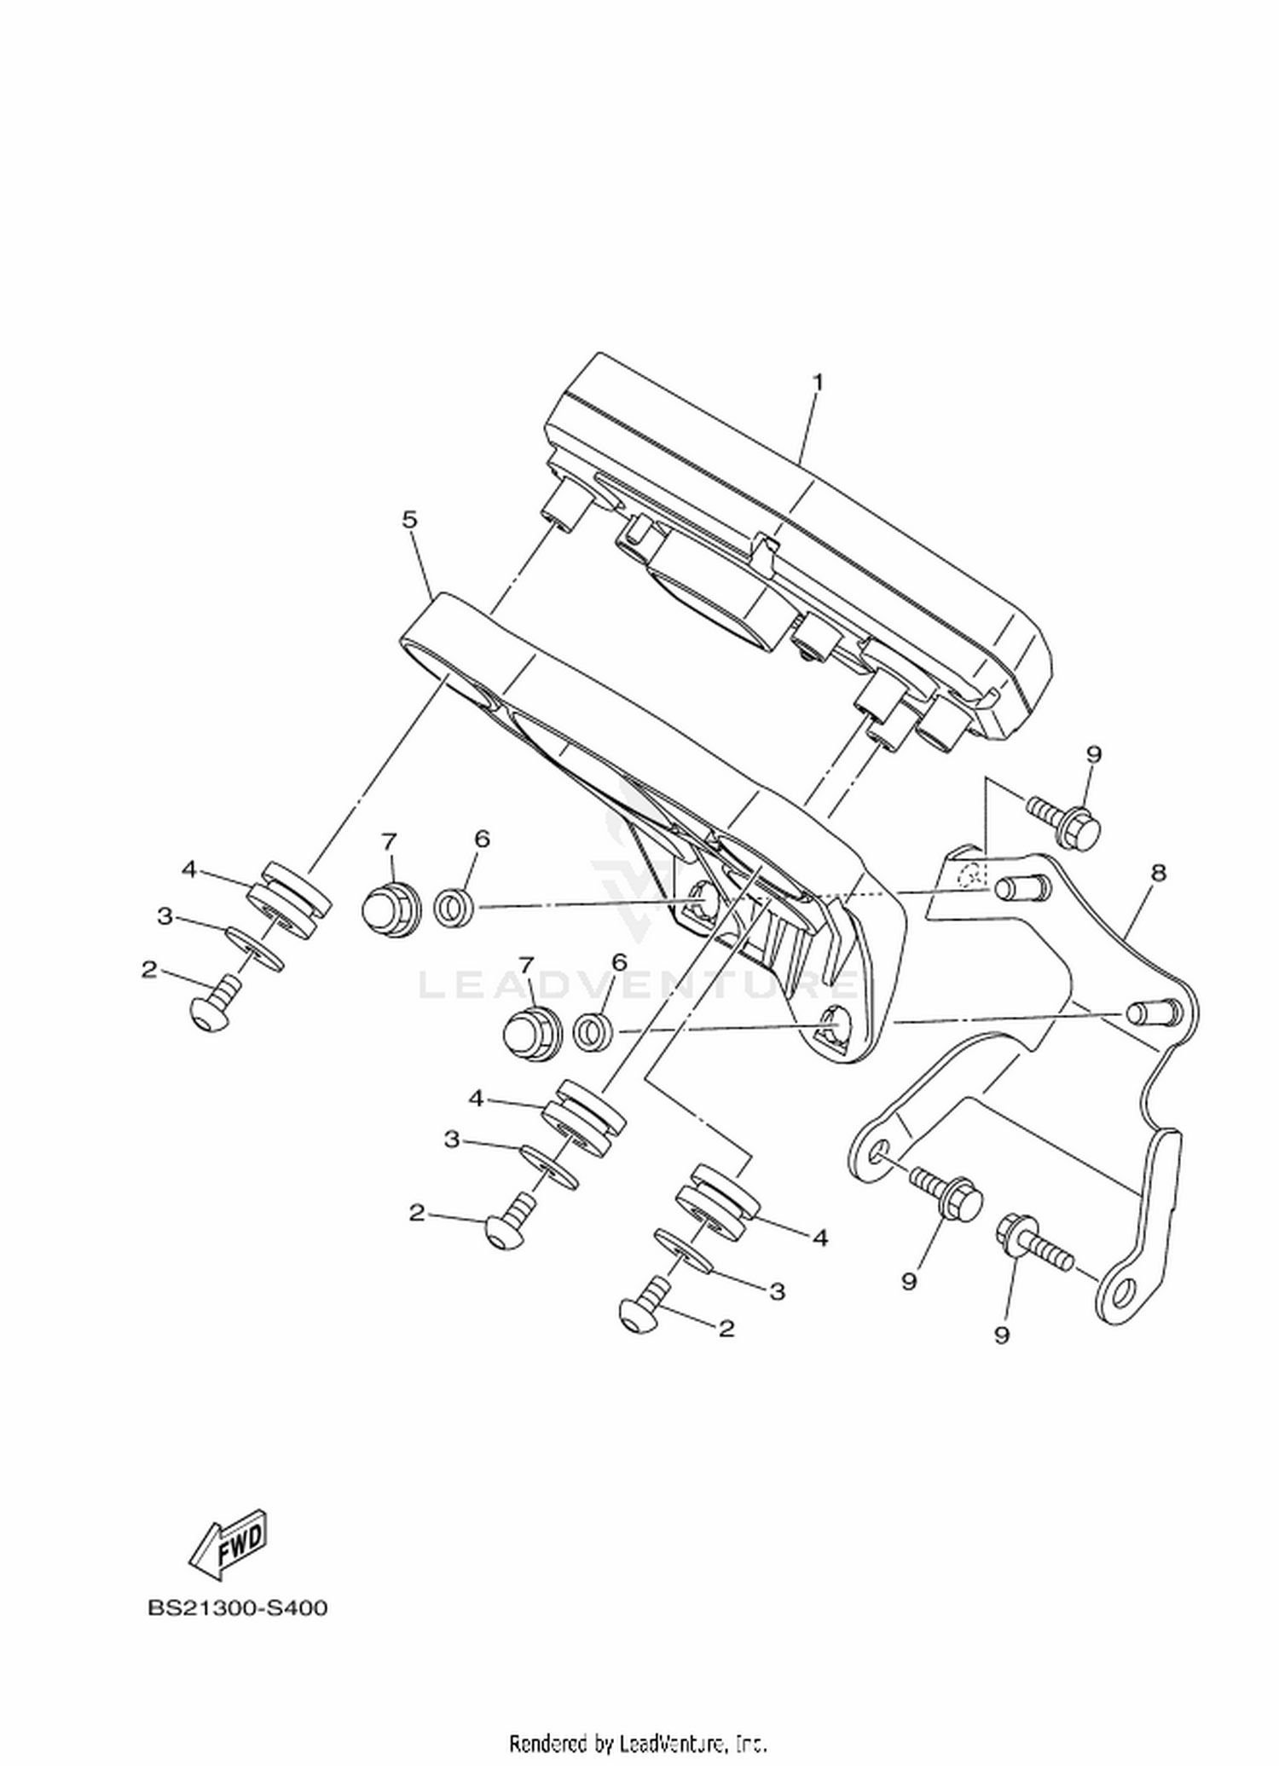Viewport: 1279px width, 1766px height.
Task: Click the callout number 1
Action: pos(818,383)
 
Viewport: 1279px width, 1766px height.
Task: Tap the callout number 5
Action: pos(410,519)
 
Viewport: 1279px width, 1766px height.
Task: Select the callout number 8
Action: pos(1157,873)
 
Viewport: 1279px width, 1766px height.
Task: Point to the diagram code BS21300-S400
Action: pos(238,1608)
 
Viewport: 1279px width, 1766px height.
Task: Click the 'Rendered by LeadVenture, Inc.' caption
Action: pos(639,1742)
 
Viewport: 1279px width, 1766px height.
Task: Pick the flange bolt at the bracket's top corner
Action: pos(1065,818)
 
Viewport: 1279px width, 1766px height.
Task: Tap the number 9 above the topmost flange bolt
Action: pos(1094,754)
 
